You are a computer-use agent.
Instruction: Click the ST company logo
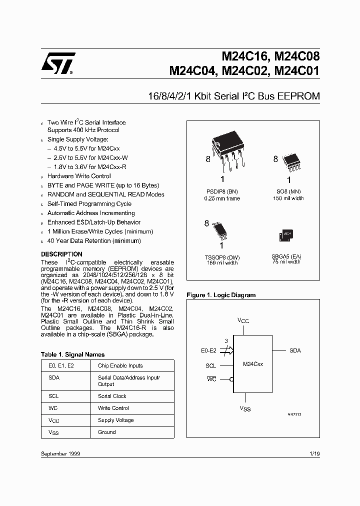pos(58,64)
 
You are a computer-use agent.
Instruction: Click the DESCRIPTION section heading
pos(61,254)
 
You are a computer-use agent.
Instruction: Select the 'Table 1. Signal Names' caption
pos(73,354)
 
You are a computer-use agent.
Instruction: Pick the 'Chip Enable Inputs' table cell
pos(120,365)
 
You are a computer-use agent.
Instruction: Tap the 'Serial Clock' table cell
pos(112,396)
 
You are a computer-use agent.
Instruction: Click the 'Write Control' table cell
pos(113,408)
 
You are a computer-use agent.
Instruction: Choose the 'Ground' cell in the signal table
pos(106,432)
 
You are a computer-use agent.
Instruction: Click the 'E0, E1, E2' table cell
pos(61,365)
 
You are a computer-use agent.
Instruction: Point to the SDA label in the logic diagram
pos(295,351)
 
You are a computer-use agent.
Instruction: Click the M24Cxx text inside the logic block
pos(253,364)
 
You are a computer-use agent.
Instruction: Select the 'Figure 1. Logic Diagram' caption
pos(221,295)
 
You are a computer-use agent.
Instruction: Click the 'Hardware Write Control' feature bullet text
pos(79,176)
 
